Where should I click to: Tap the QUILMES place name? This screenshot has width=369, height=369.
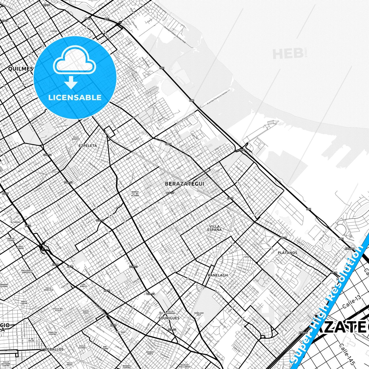(21, 69)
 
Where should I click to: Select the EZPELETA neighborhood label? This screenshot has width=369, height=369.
(88, 146)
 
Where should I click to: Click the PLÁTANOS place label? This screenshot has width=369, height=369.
(288, 253)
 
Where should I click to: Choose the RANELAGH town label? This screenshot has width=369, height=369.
(218, 275)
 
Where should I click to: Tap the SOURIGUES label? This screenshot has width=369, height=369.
(169, 318)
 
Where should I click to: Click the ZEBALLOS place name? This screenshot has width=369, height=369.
(54, 349)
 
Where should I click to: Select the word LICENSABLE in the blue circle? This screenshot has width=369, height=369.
(75, 97)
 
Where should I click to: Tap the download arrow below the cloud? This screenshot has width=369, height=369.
(71, 82)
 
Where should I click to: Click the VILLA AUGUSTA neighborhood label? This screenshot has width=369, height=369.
(76, 138)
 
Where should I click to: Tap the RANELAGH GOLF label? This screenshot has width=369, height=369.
(199, 314)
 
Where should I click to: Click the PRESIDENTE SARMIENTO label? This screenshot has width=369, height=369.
(27, 271)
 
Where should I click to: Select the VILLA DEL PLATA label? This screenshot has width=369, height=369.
(58, 310)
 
